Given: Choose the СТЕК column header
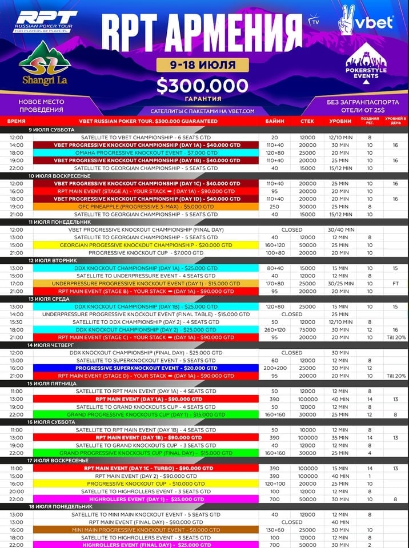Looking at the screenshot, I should click(x=307, y=122).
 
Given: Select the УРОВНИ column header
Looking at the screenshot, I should click(x=340, y=122).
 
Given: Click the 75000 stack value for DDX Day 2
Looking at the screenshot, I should click(x=307, y=329).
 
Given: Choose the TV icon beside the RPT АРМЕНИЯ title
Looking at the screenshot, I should click(x=312, y=22).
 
